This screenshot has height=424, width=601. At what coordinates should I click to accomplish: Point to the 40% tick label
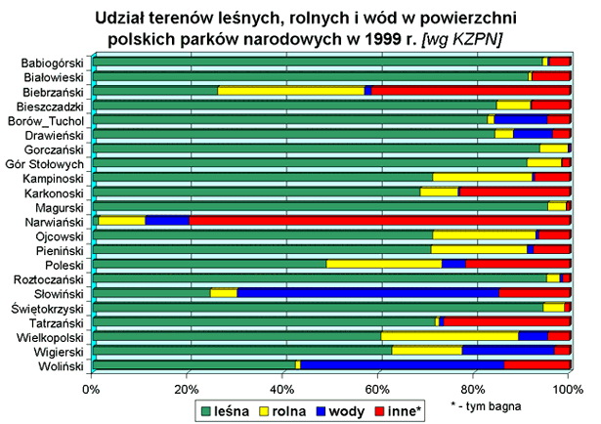tap(281, 391)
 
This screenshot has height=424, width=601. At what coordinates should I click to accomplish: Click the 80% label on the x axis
tap(472, 391)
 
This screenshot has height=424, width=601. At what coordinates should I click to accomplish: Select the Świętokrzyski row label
tap(51, 307)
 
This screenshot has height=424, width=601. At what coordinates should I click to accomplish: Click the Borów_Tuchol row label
tap(51, 120)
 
